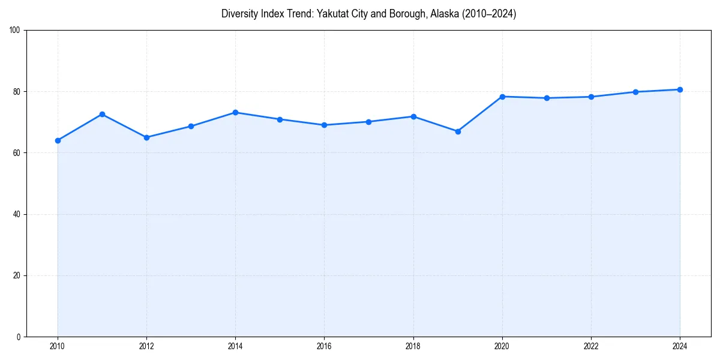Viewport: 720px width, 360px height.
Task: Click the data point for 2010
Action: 58,140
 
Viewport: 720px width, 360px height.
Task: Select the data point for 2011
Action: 102,114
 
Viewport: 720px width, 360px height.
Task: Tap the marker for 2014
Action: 235,112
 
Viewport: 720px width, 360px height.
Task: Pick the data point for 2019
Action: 458,131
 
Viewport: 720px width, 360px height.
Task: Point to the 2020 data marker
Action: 502,97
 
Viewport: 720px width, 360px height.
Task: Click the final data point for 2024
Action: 680,89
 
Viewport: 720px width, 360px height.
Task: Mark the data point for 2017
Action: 368,122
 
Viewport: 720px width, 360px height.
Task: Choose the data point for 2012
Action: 146,137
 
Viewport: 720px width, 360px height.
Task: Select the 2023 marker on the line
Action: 635,92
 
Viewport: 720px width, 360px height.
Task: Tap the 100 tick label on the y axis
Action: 15,31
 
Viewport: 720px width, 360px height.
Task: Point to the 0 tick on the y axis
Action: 19,337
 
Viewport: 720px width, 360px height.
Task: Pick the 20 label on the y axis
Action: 17,275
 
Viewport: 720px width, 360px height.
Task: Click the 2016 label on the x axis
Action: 324,346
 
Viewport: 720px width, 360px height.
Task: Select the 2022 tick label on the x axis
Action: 591,346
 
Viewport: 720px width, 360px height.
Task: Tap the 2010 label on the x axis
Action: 58,346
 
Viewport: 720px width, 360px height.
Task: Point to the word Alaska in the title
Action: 445,14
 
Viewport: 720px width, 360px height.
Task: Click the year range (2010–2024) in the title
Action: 489,14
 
